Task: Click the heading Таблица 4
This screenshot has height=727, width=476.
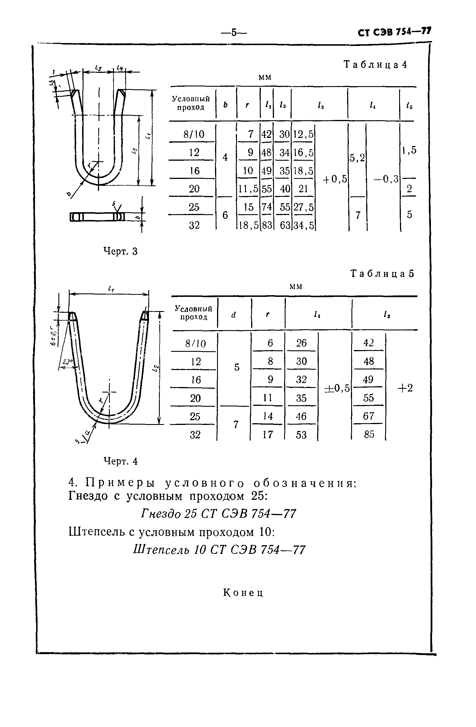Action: coord(375,64)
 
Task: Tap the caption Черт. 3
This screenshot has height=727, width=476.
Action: coord(121,251)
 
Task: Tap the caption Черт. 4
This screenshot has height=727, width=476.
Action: coord(121,461)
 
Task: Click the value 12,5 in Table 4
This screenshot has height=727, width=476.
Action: coord(303,134)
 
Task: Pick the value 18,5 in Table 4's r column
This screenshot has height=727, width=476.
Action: coord(248,225)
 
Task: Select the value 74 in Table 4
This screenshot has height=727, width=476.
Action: coord(266,207)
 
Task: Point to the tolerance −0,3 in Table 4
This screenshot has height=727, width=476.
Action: coord(386,179)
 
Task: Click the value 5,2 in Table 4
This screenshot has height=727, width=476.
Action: coord(357,158)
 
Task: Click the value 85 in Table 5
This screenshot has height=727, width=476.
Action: coord(369,434)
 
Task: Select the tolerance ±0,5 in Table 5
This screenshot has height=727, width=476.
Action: coord(337,388)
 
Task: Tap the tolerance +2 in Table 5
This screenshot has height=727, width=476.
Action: coord(405,388)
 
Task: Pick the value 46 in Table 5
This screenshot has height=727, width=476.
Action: coord(301,416)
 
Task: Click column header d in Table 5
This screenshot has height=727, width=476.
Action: coord(234,315)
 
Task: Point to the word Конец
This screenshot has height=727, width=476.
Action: coord(243,593)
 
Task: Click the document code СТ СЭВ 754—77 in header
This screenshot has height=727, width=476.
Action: coord(394,32)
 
